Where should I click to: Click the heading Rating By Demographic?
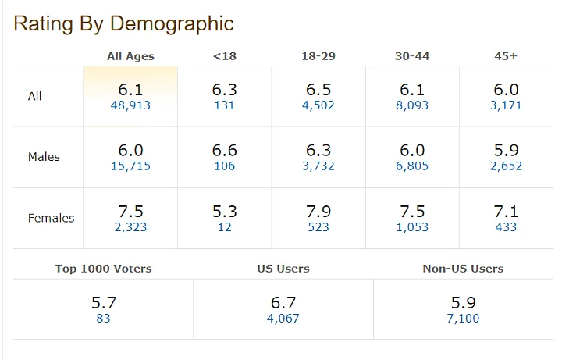[x=123, y=23]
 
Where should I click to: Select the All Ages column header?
[x=130, y=56]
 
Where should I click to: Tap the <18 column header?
[x=224, y=56]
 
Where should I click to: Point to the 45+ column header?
[x=506, y=56]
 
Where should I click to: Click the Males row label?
[x=44, y=157]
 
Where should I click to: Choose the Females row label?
[x=51, y=218]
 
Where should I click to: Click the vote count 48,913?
[x=130, y=105]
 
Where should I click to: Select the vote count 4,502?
[x=318, y=105]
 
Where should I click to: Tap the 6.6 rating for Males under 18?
[x=224, y=150]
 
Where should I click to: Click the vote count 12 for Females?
[x=224, y=227]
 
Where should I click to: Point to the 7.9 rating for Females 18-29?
[x=318, y=211]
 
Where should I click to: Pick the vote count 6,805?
[x=412, y=166]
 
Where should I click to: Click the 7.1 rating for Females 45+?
[x=506, y=211]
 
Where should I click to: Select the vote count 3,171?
[x=506, y=105]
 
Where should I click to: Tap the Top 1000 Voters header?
[x=103, y=269]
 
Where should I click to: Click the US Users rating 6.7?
[x=283, y=302]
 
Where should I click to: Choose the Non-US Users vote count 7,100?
[x=463, y=319]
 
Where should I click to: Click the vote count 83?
[x=103, y=319]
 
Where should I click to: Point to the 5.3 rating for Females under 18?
[x=224, y=211]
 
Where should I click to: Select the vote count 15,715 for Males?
[x=130, y=166]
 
